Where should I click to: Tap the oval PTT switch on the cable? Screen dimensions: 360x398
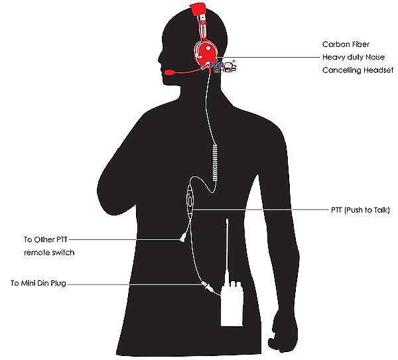tap(190, 200)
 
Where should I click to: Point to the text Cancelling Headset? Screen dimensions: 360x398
tap(358, 70)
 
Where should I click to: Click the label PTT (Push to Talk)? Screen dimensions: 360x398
tap(360, 210)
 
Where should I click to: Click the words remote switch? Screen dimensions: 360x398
tap(50, 253)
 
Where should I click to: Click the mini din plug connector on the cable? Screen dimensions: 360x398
tap(207, 288)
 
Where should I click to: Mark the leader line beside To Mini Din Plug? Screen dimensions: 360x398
tap(133, 284)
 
